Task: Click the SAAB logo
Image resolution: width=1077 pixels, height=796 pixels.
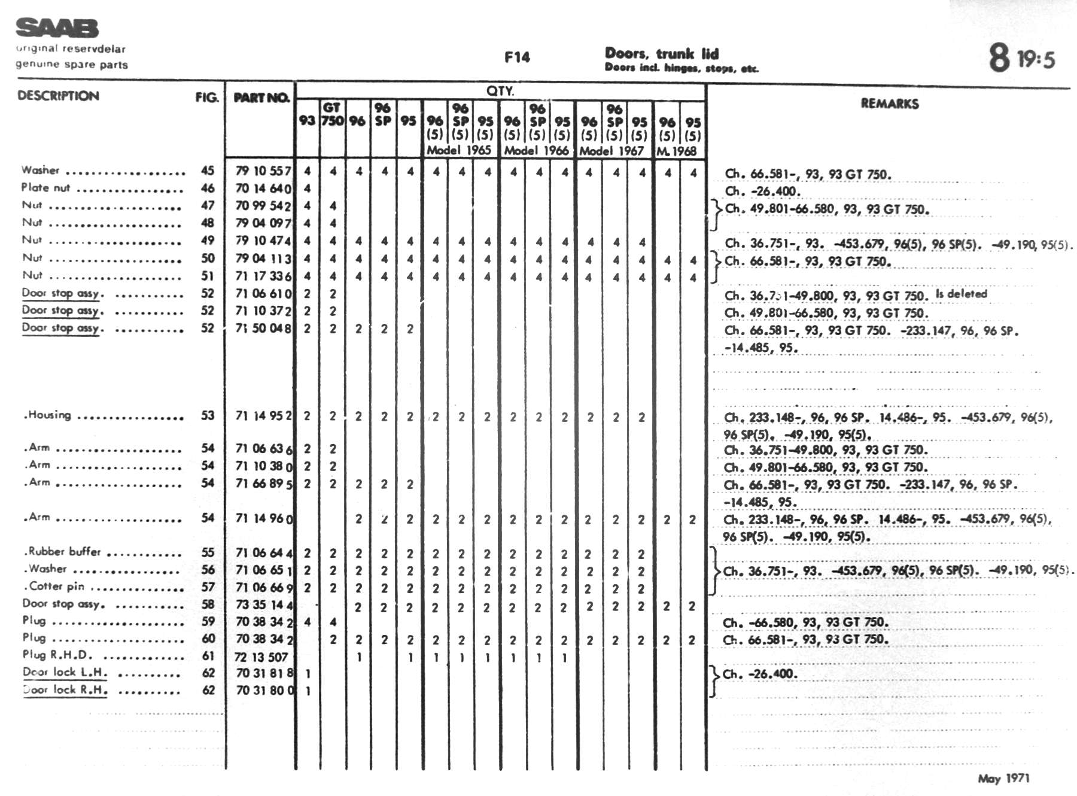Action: coord(57,28)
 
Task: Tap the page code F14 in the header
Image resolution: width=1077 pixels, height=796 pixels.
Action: coord(517,57)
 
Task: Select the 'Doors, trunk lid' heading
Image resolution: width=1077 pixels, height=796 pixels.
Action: coord(661,53)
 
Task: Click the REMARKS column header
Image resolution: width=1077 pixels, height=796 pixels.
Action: coord(889,104)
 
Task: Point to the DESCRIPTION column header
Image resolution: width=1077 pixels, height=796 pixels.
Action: coord(58,96)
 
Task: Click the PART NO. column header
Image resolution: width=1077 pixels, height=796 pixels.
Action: coord(261,98)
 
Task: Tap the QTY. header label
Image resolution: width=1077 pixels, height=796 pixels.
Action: coord(500,91)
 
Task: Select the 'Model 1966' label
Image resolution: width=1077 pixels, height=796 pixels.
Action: coord(536,150)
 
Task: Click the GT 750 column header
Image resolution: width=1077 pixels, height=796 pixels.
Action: coord(332,114)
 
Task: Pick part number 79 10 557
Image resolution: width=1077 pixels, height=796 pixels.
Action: coord(263,171)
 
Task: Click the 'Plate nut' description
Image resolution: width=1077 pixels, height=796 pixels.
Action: coord(45,187)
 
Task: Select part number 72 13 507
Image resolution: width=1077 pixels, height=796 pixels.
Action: coord(261,657)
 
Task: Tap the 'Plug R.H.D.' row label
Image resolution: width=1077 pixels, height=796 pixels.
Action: coord(57,655)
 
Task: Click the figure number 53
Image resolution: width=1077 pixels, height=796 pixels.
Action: coord(208,415)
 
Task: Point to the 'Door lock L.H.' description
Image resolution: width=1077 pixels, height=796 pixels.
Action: coord(65,672)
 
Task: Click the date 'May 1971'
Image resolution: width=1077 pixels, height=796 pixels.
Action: coord(1003,778)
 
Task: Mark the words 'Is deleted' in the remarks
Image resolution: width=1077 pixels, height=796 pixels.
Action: coord(961,294)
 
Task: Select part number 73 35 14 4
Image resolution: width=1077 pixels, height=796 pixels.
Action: coord(264,605)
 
